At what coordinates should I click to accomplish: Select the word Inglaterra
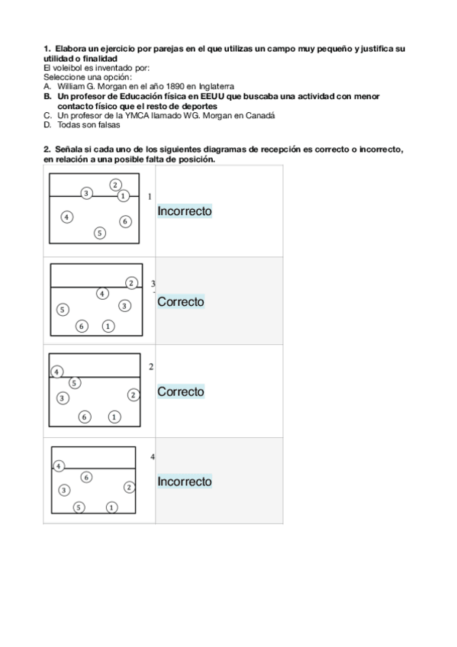point(214,88)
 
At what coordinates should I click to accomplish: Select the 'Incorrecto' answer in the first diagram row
point(185,211)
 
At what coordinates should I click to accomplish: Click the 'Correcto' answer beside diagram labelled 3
point(181,301)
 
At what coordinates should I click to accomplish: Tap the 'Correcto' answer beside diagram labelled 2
point(181,391)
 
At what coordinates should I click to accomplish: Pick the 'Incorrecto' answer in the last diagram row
point(185,481)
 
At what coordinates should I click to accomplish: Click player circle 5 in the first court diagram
point(100,233)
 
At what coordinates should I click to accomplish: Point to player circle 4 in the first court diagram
point(67,217)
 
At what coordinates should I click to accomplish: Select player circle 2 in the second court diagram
point(131,283)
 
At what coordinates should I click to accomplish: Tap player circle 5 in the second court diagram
point(63,310)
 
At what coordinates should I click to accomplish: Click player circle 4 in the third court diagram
point(56,372)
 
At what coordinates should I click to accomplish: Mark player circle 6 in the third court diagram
point(85,417)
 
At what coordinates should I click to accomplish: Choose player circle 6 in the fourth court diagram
point(86,477)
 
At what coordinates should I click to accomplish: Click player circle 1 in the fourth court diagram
point(111,507)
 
